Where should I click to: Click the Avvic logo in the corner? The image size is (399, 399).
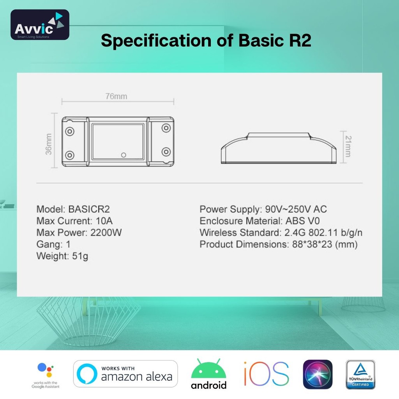[40, 25]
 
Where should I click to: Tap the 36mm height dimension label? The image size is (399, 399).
[49, 144]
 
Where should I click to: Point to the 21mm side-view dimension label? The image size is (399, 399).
[347, 147]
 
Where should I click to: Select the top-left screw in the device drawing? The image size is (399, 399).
[70, 131]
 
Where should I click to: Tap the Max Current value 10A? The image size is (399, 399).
[104, 221]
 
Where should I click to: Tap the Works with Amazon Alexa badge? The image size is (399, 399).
[125, 374]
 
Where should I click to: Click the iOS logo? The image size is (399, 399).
[267, 374]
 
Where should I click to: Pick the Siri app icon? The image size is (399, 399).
[318, 374]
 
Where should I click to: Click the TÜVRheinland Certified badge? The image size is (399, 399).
[360, 374]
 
